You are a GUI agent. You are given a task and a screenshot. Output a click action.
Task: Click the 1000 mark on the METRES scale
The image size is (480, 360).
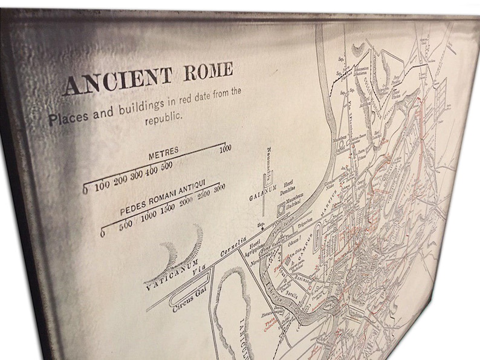225,148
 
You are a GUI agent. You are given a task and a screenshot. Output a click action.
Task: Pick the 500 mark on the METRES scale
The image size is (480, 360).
167,166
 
